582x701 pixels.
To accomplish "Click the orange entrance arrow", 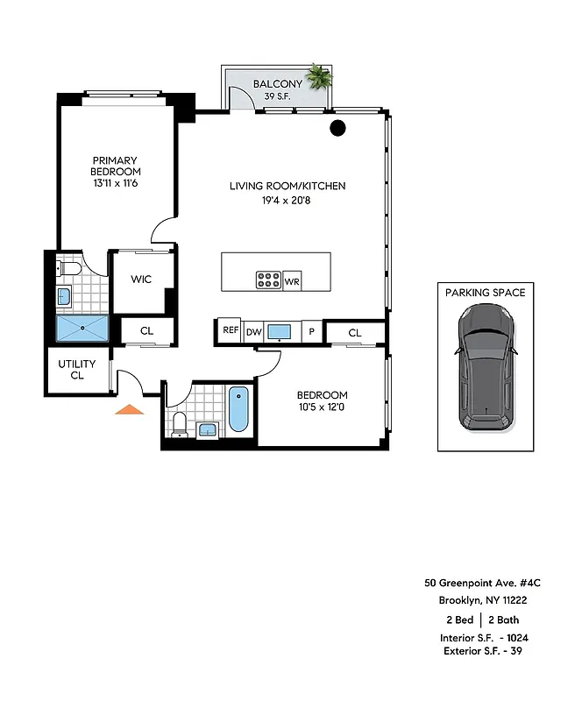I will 130,408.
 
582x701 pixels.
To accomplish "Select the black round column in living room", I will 337,129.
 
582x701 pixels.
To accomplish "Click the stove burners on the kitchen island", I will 268,280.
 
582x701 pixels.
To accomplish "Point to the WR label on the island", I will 292,281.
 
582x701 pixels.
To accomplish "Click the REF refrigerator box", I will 230,330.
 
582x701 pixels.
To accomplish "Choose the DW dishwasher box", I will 253,331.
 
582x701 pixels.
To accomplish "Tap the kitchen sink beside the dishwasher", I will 280,331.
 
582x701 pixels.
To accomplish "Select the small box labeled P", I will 312,331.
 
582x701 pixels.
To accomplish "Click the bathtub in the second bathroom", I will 238,409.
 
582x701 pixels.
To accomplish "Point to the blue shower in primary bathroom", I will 82,329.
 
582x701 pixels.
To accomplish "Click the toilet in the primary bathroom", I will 68,267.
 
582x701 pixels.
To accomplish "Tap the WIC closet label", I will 142,280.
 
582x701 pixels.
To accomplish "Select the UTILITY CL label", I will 76,370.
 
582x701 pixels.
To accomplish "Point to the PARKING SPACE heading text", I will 485,292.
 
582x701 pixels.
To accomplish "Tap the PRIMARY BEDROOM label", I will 117,166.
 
